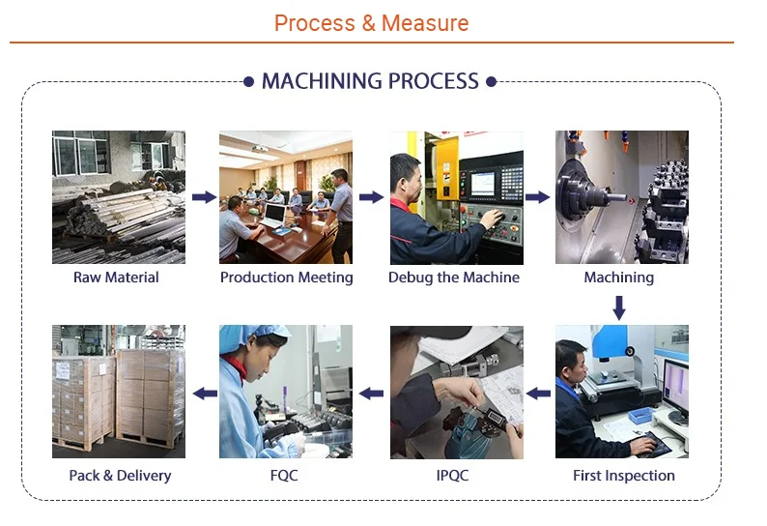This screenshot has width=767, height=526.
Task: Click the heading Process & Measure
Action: click(x=371, y=23)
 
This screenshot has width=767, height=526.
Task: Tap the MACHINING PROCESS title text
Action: click(x=370, y=81)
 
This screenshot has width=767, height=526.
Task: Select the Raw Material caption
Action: click(x=116, y=278)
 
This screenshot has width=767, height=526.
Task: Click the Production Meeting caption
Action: click(x=286, y=278)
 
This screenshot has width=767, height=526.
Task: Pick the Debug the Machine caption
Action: click(x=454, y=278)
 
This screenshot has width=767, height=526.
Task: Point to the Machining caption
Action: click(x=619, y=278)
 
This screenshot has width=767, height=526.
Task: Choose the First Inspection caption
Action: click(x=624, y=475)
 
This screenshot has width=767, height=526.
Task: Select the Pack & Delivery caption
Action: click(x=120, y=475)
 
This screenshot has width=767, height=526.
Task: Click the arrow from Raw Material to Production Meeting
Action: click(x=203, y=197)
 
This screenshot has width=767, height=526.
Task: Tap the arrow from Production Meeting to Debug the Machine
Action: click(x=371, y=197)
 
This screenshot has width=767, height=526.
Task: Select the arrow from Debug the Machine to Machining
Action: click(x=538, y=197)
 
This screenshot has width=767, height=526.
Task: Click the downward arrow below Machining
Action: click(x=619, y=307)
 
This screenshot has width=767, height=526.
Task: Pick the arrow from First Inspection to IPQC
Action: click(x=538, y=394)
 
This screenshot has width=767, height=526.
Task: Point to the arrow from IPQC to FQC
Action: click(x=371, y=394)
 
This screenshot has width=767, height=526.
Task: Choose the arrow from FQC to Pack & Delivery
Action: click(x=204, y=394)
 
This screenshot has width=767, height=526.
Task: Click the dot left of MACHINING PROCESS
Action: click(x=249, y=82)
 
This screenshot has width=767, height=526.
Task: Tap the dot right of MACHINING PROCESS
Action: click(x=492, y=82)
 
